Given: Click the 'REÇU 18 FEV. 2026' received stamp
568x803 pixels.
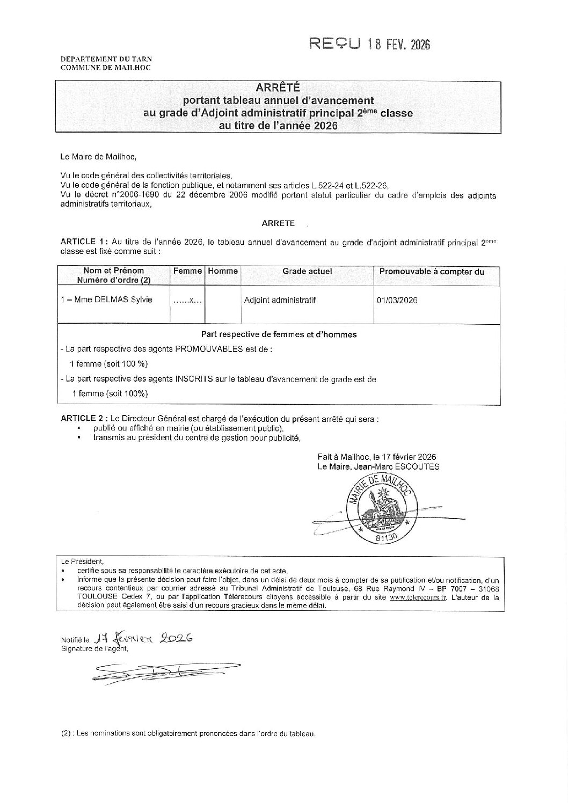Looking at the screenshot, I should (370, 44).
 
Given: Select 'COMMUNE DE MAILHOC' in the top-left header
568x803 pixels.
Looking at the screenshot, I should (105, 68).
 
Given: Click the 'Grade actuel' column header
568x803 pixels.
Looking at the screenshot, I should (307, 272).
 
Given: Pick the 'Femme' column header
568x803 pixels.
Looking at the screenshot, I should (187, 272).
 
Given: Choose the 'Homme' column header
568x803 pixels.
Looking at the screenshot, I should (223, 272).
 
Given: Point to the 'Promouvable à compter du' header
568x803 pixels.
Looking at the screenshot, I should (432, 272).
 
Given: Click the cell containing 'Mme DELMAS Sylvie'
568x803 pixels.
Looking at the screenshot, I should (107, 300).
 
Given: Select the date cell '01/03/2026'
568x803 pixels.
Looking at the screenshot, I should (397, 300).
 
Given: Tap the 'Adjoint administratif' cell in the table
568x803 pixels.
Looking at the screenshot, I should (280, 300).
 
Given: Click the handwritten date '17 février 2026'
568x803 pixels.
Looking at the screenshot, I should (142, 638).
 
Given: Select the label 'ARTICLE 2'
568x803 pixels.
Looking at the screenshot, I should (82, 418).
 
